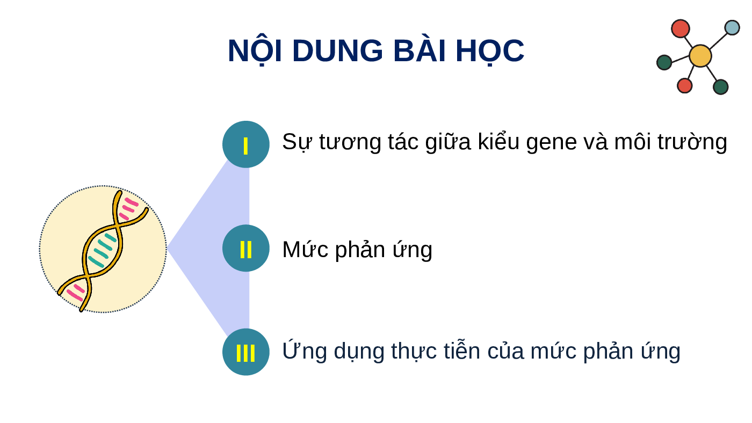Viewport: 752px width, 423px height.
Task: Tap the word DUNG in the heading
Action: tap(337, 51)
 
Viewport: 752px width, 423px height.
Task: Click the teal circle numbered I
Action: tap(246, 144)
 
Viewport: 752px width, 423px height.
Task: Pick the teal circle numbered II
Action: tap(246, 248)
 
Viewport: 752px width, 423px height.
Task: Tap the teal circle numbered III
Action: tap(246, 352)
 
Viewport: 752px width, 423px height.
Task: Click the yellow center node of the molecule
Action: tap(700, 56)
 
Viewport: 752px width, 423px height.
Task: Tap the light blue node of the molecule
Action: tap(732, 27)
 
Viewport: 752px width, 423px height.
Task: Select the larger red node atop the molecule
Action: tap(681, 28)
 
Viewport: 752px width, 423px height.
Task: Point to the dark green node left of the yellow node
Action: tap(664, 62)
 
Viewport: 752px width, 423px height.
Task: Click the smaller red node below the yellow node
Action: tap(685, 85)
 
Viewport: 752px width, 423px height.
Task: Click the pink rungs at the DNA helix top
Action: tap(128, 208)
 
